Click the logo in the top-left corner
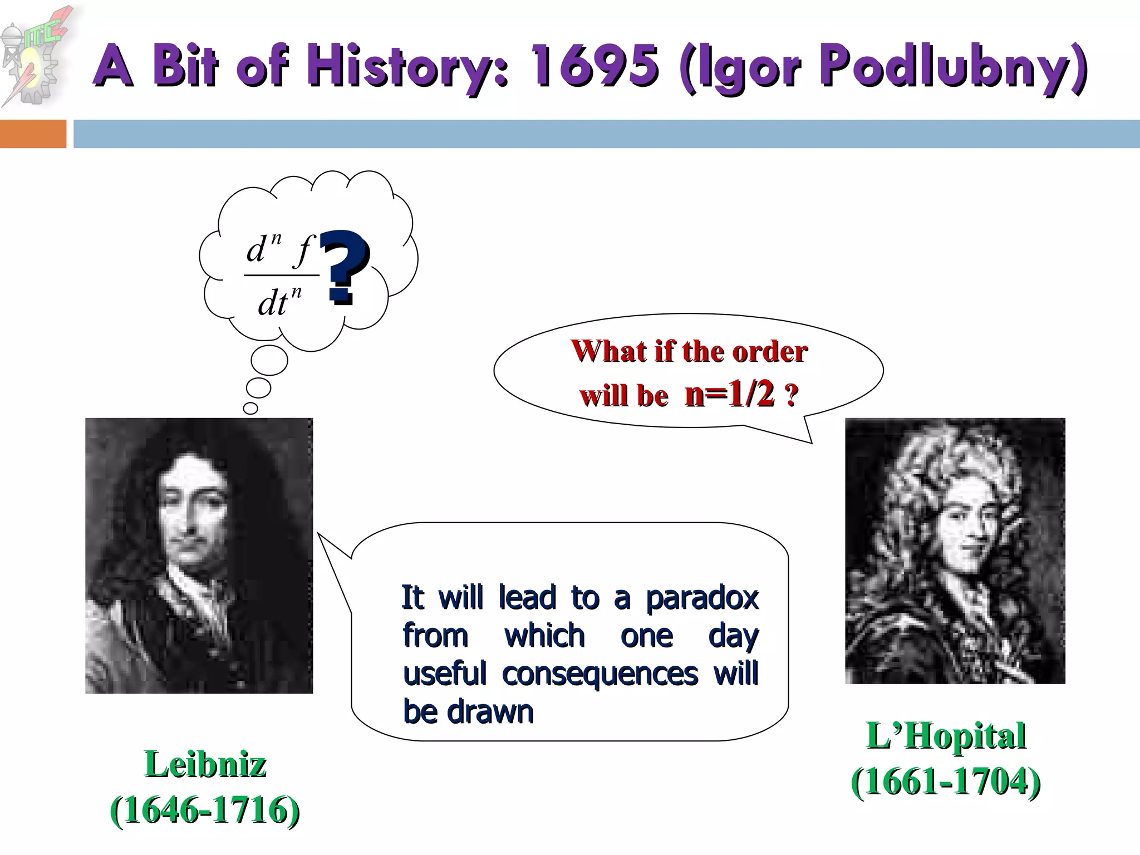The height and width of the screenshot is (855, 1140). point(35,56)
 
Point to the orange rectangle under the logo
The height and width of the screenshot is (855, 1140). point(33,134)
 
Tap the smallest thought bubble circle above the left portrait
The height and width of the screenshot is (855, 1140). point(250,408)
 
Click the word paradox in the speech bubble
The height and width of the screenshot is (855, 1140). point(702,598)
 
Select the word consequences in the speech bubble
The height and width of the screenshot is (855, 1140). point(600,674)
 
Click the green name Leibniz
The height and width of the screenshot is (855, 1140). point(205,764)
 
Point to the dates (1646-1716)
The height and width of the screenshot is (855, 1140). point(205,810)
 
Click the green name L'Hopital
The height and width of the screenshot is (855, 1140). point(946,736)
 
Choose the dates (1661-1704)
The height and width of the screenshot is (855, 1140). point(946,782)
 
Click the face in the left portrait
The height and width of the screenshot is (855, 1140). point(192,515)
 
